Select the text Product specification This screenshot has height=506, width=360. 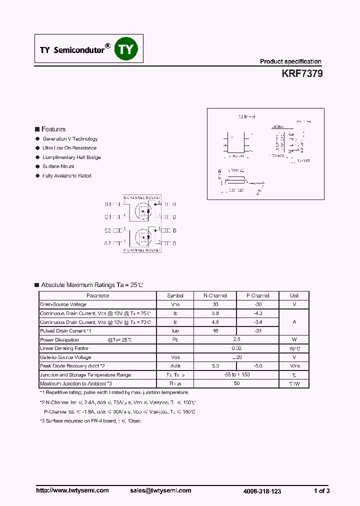click(x=290, y=61)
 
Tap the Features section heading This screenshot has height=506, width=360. click(x=53, y=129)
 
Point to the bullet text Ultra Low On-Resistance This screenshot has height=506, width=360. click(x=69, y=148)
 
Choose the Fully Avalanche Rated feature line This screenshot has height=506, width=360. click(x=67, y=176)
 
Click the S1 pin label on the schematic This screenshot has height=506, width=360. click(x=108, y=204)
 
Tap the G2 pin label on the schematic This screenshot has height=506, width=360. click(x=108, y=243)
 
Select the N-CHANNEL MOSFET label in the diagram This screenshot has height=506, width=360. click(x=141, y=197)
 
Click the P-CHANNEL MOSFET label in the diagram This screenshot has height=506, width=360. click(x=141, y=249)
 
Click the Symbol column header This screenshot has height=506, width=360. click(x=175, y=295)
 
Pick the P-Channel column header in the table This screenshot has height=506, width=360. click(x=258, y=295)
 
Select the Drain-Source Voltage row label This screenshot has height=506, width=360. click(x=63, y=304)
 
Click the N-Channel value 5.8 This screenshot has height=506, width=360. click(x=215, y=313)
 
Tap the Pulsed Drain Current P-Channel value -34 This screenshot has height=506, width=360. click(x=258, y=331)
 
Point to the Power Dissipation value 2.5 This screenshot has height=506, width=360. click(x=236, y=340)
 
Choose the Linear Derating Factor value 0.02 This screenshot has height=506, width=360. click(x=236, y=348)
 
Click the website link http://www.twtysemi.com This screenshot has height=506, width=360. click(x=72, y=490)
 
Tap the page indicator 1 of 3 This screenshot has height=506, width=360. click(x=321, y=491)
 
